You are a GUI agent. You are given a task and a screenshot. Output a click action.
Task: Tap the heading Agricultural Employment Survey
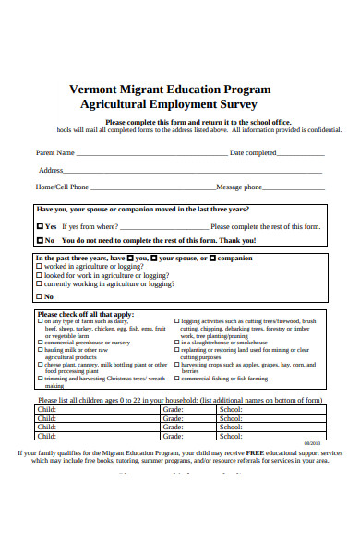coord(172,105)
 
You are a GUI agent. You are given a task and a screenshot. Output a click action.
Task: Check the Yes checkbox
coord(40,226)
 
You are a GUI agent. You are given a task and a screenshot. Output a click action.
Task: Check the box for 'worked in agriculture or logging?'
coord(39,267)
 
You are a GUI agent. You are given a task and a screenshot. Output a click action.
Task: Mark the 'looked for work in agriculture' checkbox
coord(39,275)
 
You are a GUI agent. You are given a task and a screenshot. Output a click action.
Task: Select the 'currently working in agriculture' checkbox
coord(39,284)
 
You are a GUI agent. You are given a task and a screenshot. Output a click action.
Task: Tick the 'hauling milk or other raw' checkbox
coord(40,351)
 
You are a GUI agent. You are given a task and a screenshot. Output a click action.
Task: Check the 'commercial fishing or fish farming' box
coord(176,379)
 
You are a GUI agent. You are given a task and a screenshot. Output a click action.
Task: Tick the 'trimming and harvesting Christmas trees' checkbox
coord(40,379)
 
